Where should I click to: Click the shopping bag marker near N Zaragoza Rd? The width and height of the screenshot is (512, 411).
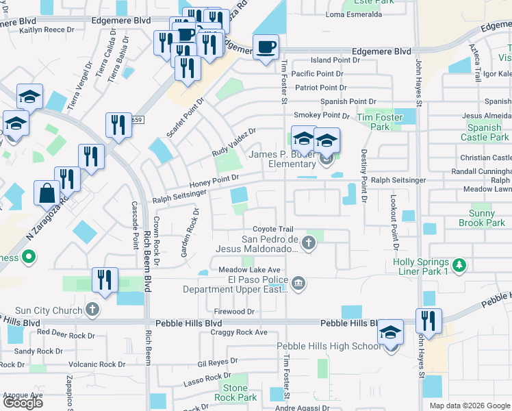(47, 194)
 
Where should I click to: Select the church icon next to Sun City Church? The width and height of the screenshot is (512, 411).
(93, 310)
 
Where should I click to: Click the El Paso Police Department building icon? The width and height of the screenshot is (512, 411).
(298, 282)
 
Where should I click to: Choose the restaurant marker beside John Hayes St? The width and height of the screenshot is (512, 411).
(428, 321)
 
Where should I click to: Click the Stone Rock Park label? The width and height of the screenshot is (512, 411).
(235, 393)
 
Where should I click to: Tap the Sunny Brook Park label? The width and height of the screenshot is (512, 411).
(483, 219)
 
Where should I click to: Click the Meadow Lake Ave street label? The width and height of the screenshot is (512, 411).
(250, 270)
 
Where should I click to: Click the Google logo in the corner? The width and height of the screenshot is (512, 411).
(23, 403)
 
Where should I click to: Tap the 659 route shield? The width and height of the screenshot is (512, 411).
(136, 120)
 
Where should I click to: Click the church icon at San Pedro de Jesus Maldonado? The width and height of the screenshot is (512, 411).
(309, 242)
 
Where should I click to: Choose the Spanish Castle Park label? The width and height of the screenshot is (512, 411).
(485, 132)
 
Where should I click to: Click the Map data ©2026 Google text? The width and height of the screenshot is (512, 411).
(470, 406)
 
